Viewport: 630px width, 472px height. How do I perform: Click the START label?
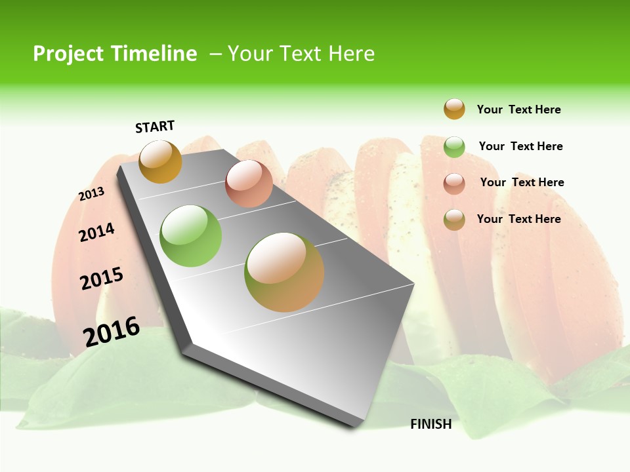(x=155, y=127)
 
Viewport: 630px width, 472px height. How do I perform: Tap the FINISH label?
(x=431, y=424)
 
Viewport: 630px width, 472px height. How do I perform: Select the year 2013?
(x=91, y=194)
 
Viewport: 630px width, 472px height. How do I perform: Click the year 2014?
(x=96, y=232)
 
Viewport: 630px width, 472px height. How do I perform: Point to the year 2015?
(x=102, y=279)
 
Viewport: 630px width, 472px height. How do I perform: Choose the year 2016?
(x=112, y=331)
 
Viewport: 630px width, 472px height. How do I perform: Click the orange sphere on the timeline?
(x=160, y=161)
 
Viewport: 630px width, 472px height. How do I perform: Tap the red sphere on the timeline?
(x=249, y=184)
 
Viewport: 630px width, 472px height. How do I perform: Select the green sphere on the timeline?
(x=191, y=236)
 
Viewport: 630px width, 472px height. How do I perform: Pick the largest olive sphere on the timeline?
(x=284, y=272)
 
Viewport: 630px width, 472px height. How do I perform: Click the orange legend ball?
(x=454, y=109)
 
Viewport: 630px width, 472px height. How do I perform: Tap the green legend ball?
(x=454, y=147)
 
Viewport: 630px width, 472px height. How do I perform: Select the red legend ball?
(x=454, y=184)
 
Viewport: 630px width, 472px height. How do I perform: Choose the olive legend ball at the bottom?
(x=454, y=220)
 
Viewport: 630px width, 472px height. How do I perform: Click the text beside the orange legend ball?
(x=518, y=109)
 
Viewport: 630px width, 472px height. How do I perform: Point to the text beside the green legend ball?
(x=520, y=146)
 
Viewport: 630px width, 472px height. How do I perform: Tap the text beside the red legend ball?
(x=522, y=182)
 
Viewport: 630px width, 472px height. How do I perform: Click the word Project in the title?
(x=68, y=54)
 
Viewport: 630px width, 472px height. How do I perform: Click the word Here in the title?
(x=351, y=54)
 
